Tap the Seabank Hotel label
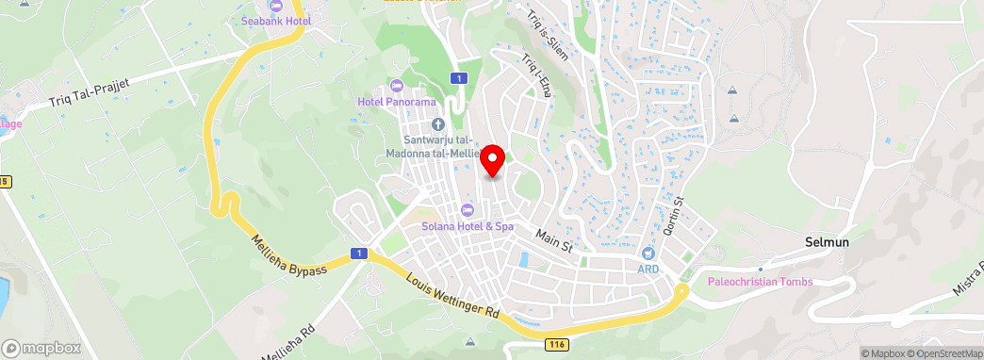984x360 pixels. (276, 20)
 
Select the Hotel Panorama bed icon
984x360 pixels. (407, 87)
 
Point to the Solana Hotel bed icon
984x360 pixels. (467, 209)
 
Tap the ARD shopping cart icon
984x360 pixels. (648, 253)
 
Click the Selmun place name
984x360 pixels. (828, 241)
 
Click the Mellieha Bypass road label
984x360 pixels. (288, 255)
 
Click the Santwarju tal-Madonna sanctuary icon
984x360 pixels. (437, 124)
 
